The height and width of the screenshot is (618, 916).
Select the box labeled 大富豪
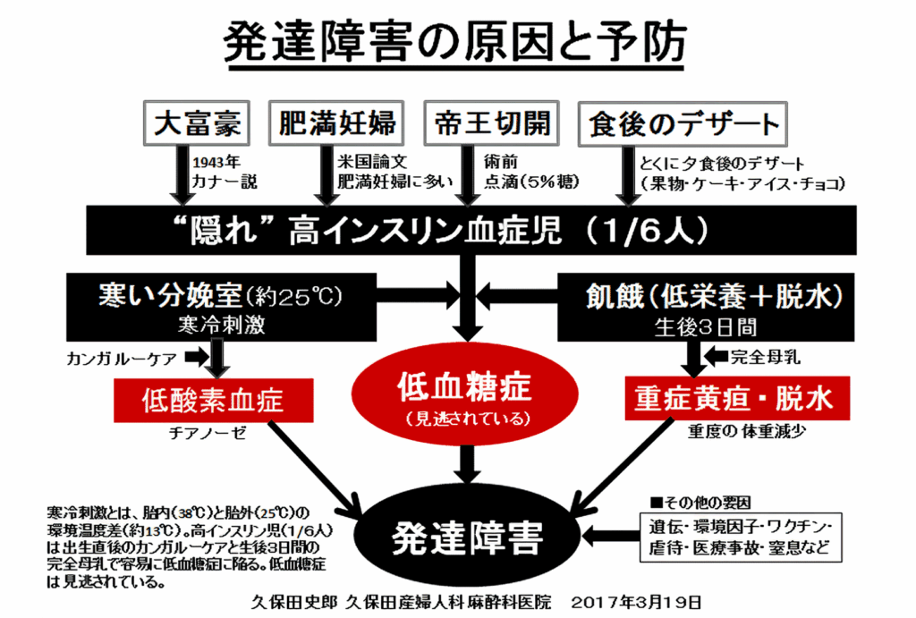click(x=197, y=123)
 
